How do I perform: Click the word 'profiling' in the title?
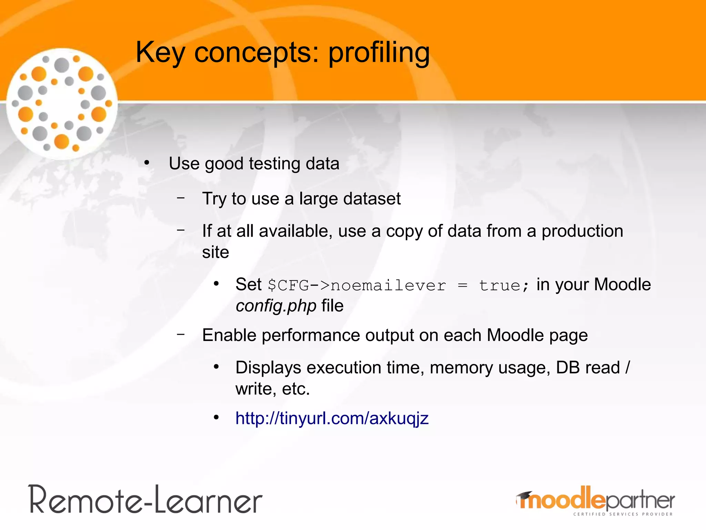tap(379, 53)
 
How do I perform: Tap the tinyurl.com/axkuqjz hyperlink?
tap(332, 418)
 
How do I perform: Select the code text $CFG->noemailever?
tap(357, 285)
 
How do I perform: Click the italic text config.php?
tap(276, 306)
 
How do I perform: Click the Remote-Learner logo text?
tap(145, 500)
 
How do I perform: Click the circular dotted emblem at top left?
tap(62, 104)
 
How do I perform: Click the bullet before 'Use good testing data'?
tap(147, 163)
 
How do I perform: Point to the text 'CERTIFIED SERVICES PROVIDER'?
tap(623, 514)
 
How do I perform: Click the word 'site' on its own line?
tap(215, 252)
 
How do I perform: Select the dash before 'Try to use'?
tap(181, 198)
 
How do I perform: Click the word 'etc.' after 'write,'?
tap(296, 389)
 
